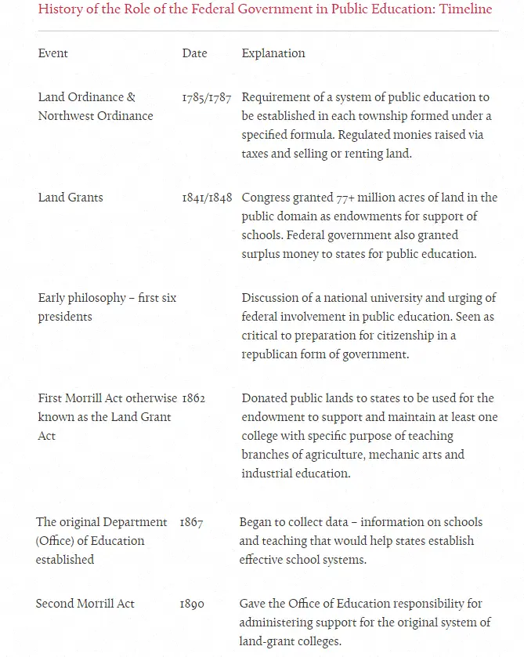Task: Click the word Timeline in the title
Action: (x=464, y=9)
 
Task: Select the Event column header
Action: (x=53, y=53)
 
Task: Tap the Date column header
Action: (x=195, y=53)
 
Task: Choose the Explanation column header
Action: (x=273, y=53)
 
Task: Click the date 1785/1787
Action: (x=207, y=97)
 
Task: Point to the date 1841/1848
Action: (x=207, y=198)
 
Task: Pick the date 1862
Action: (x=193, y=398)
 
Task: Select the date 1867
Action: (x=191, y=522)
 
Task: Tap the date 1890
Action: (x=192, y=604)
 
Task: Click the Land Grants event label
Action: (x=70, y=198)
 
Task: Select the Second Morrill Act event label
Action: (x=85, y=604)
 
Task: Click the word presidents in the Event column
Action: (x=65, y=317)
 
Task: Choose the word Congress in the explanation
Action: (x=266, y=198)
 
